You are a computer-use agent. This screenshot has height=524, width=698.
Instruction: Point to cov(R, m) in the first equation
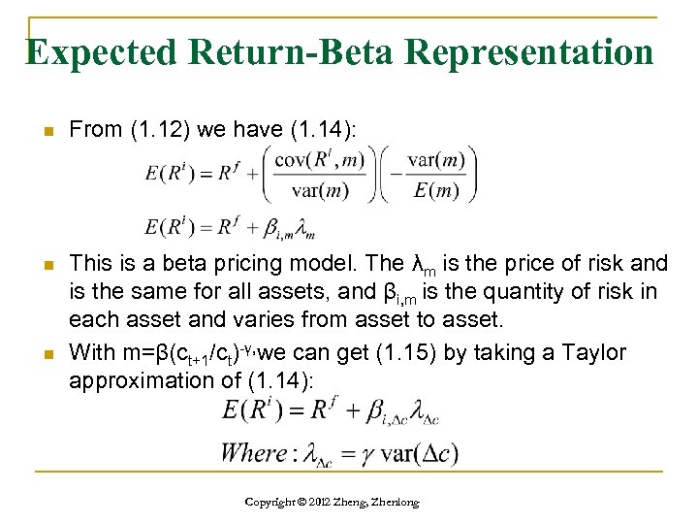(x=319, y=160)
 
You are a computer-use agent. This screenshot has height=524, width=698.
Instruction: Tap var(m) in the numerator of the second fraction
(x=435, y=160)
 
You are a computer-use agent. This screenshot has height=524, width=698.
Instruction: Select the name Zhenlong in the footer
(x=412, y=502)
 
